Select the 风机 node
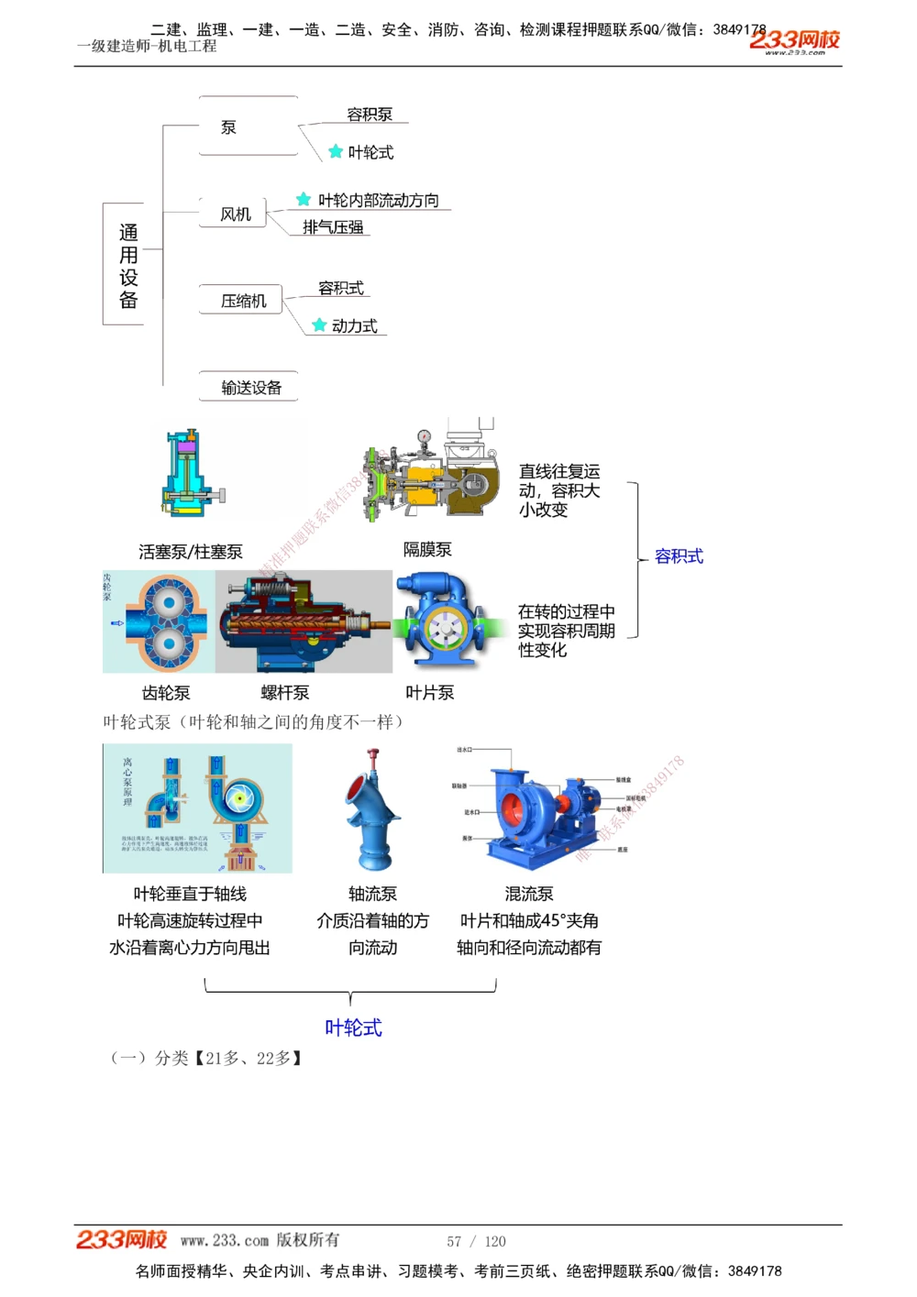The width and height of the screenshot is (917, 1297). click(x=235, y=214)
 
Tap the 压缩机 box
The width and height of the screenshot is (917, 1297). click(x=243, y=301)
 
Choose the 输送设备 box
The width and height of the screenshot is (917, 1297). click(x=250, y=387)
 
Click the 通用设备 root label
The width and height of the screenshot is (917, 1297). click(x=128, y=266)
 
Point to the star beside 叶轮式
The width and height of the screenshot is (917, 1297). click(x=336, y=151)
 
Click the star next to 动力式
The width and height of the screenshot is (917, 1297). click(x=319, y=325)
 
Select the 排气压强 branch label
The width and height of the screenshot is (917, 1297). click(x=333, y=227)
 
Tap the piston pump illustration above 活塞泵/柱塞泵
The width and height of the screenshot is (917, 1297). click(x=191, y=474)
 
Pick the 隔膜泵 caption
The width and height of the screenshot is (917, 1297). click(x=427, y=549)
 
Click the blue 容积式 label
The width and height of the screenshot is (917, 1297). click(x=679, y=556)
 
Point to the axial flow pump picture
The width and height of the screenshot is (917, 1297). click(x=372, y=810)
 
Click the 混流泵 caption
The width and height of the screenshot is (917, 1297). click(x=529, y=894)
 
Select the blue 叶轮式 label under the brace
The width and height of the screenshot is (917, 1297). click(x=353, y=1028)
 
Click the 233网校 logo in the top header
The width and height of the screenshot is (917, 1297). click(x=794, y=40)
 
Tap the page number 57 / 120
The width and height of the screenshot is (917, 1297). click(x=476, y=1241)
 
